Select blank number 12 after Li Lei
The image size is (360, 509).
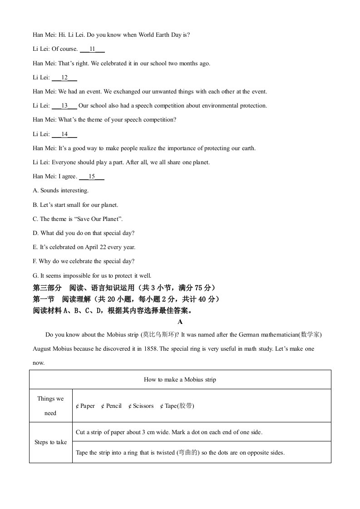pos(64,78)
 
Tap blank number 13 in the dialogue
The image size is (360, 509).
pos(64,106)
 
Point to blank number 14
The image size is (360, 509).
pos(64,134)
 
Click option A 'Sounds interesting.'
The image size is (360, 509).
pos(61,191)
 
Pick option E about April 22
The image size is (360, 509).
pos(84,247)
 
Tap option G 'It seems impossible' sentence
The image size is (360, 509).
pos(92,275)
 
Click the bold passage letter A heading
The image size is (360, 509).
pos(180,322)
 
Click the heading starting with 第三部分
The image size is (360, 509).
pos(124,288)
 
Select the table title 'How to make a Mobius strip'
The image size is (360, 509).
pos(180,380)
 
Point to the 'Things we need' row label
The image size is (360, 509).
pos(50,406)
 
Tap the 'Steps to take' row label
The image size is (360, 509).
pos(50,442)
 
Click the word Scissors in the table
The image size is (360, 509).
pos(143,406)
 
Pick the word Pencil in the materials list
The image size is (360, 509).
pos(113,406)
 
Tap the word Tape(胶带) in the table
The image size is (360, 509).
pos(179,406)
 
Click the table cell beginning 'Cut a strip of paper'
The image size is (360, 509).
pos(169,432)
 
